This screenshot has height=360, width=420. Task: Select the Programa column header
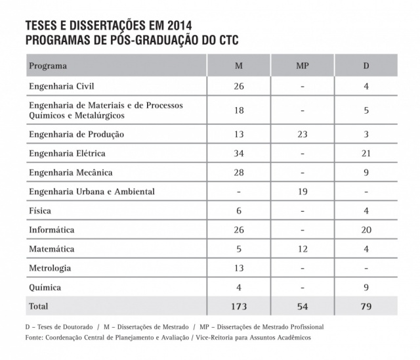[48, 66]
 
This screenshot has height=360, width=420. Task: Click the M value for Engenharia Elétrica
[239, 154]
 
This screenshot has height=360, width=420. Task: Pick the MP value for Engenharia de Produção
[302, 134]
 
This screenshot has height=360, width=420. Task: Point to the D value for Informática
[366, 230]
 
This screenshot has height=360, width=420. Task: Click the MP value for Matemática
[302, 249]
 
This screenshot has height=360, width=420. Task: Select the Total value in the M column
[239, 306]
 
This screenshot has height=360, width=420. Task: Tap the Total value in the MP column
[302, 306]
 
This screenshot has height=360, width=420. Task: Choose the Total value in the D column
[366, 306]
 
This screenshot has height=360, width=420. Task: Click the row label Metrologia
[50, 268]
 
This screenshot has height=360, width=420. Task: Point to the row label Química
[45, 287]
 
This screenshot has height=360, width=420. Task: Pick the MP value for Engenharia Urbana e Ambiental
[302, 192]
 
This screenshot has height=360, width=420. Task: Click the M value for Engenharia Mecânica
[239, 173]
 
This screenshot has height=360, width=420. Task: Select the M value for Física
[239, 211]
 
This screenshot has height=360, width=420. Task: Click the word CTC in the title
[225, 40]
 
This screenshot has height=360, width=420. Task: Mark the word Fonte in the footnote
[33, 337]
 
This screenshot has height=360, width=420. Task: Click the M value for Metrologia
[239, 268]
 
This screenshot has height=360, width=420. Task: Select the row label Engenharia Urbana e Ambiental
[92, 192]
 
